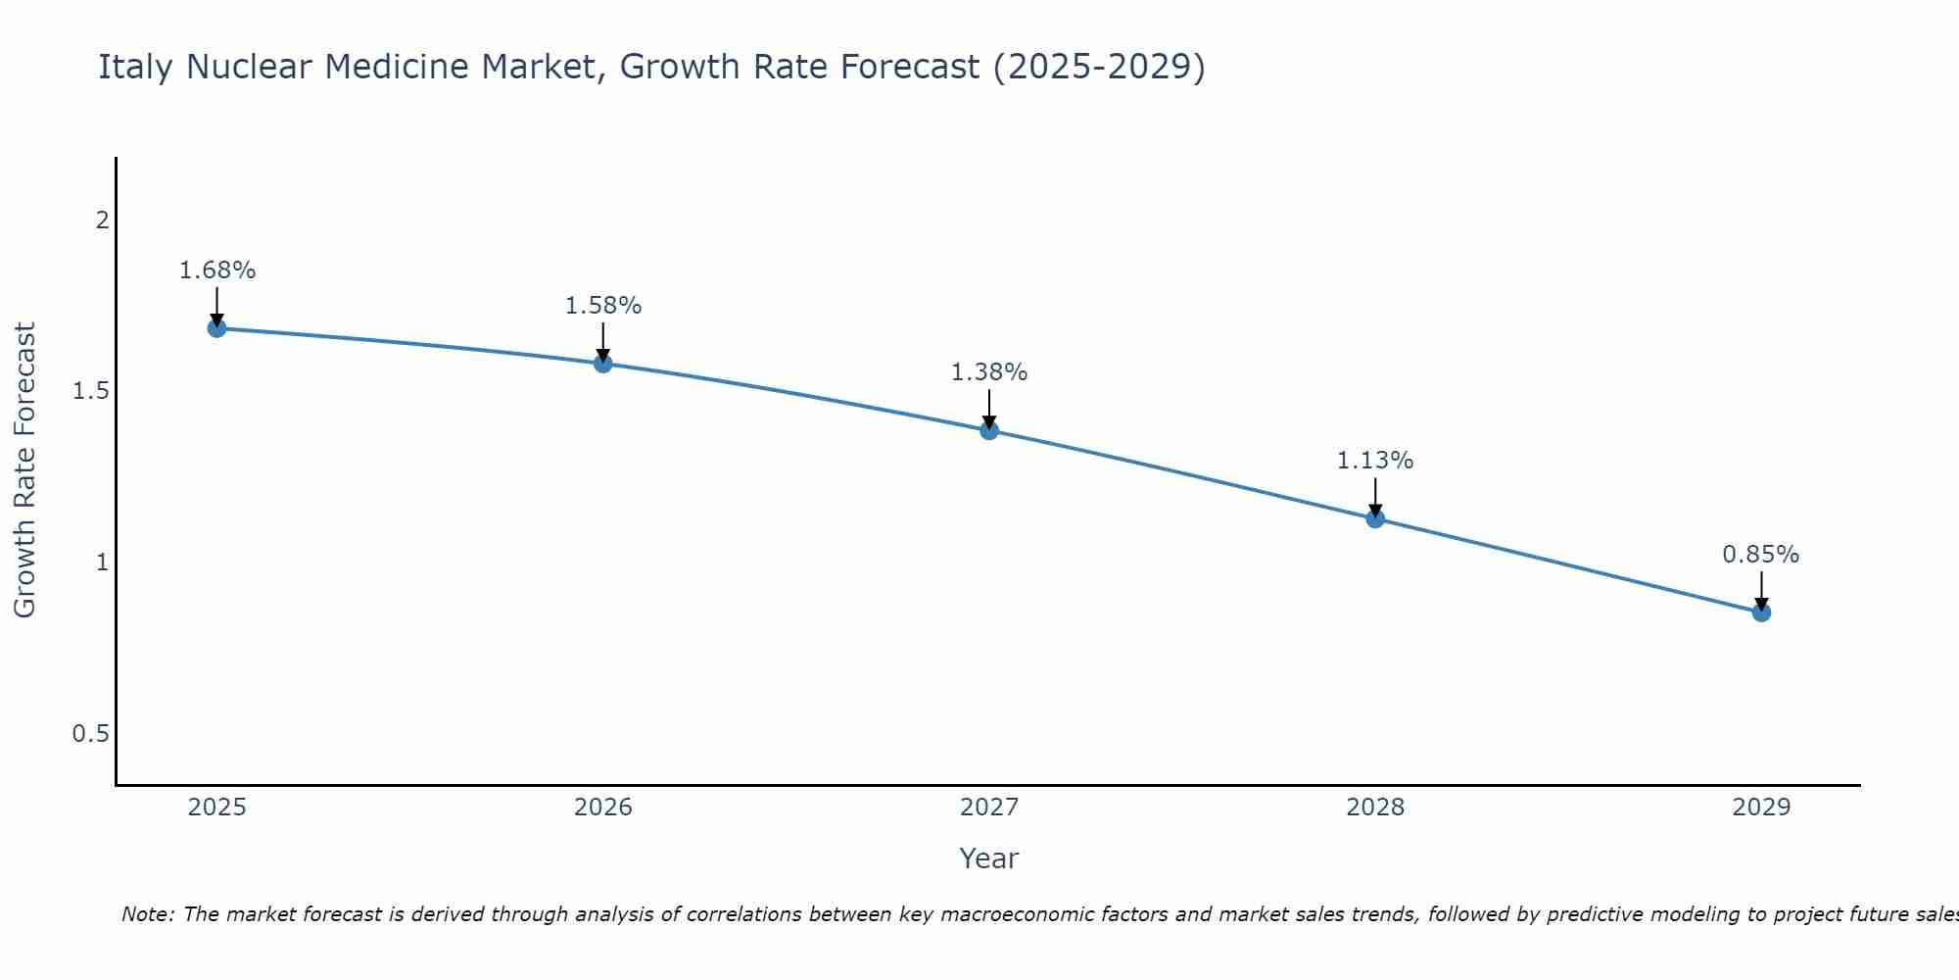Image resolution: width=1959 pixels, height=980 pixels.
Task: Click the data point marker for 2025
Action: coord(217,328)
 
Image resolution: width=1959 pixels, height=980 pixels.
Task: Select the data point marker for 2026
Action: coord(603,364)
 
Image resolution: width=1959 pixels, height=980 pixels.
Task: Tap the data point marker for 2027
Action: coord(989,430)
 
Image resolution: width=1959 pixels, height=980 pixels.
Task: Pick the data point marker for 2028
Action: coord(1375,518)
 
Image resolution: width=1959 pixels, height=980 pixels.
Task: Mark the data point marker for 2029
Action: coord(1761,612)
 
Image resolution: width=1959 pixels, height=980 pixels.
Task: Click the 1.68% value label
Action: coord(217,270)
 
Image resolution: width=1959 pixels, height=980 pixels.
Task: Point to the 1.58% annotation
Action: coord(603,306)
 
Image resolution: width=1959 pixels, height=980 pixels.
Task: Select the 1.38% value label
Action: coord(989,372)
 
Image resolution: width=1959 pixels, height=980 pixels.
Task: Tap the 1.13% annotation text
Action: coord(1375,461)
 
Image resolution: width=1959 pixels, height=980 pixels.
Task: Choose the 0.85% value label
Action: coord(1761,555)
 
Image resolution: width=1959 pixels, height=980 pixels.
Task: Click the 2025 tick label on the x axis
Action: coord(217,808)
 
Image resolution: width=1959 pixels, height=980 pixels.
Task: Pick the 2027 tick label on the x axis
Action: coord(989,808)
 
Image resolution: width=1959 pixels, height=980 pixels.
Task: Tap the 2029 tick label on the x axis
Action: coord(1761,808)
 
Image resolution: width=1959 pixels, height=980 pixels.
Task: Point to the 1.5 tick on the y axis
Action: coord(90,391)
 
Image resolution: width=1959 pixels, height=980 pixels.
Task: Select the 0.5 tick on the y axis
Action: coord(90,734)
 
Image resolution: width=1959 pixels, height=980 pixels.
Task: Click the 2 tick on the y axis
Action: coord(102,220)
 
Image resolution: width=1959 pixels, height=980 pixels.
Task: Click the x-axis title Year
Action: coord(989,858)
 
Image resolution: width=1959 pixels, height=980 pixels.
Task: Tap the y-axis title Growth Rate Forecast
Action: coord(24,470)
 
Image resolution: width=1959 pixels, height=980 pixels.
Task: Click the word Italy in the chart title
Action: coord(137,67)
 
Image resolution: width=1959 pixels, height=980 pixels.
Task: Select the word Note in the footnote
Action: coord(147,914)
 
